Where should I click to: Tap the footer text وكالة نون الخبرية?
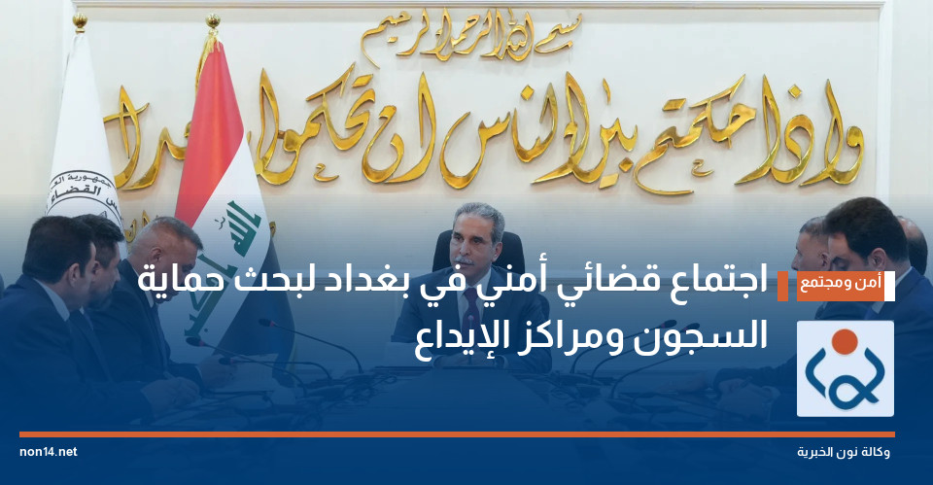click(844, 453)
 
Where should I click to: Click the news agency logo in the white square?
click(845, 368)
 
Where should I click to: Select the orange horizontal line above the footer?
click(457, 433)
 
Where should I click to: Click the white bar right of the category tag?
click(889, 286)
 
